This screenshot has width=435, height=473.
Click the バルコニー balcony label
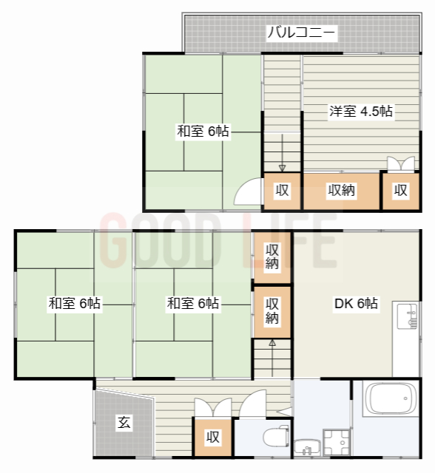[301, 33]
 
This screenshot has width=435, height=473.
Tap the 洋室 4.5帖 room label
[361, 112]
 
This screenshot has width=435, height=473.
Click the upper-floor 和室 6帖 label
[202, 132]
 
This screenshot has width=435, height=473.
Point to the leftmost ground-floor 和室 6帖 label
[75, 303]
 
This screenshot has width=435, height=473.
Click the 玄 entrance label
[124, 423]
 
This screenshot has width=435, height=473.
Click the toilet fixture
[277, 435]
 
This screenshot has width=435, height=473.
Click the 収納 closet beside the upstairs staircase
[342, 190]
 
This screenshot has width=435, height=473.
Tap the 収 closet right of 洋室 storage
[400, 190]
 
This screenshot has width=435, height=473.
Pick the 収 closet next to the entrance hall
[212, 438]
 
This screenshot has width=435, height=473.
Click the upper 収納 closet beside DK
[272, 256]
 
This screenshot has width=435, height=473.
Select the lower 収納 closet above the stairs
[272, 310]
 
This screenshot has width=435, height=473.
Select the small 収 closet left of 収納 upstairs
[282, 190]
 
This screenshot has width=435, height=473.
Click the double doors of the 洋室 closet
[400, 164]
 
